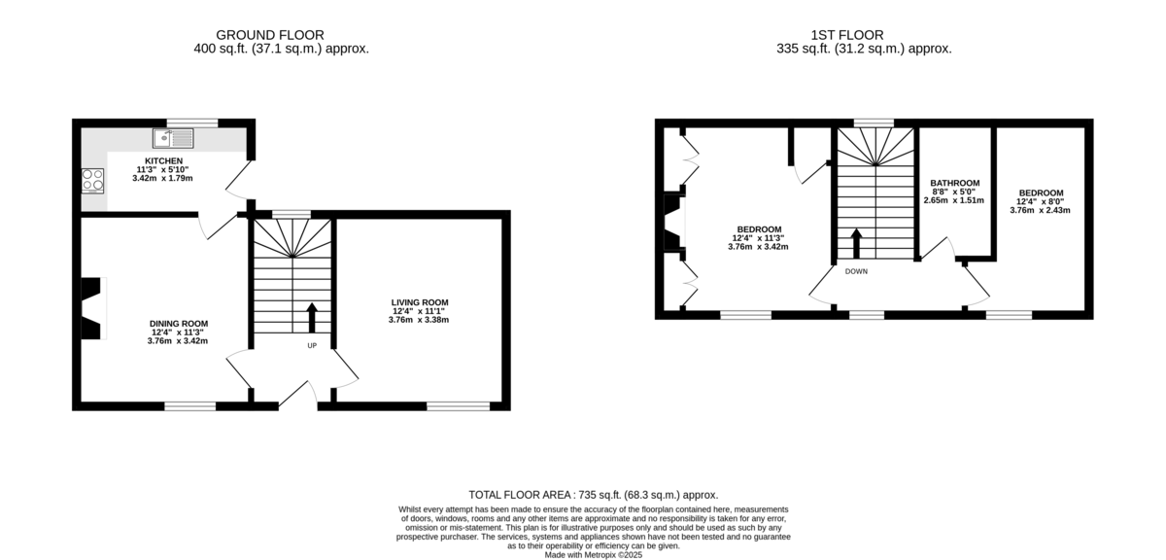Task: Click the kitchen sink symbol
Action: tap(173, 139)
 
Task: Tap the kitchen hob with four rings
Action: tap(92, 181)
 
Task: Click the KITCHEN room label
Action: tap(163, 161)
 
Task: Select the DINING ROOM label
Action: tap(179, 324)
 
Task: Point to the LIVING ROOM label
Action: tap(420, 302)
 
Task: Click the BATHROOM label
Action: tap(954, 183)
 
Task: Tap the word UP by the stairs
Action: tap(312, 345)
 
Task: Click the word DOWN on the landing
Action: tap(856, 271)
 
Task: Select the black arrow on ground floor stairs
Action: tap(312, 317)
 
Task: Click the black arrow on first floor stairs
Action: tap(856, 243)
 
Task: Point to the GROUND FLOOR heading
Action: tap(270, 35)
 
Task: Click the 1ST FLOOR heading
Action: tap(847, 35)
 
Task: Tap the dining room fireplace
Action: tap(93, 308)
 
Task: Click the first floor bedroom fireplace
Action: tap(674, 223)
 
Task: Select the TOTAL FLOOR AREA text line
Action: tap(594, 495)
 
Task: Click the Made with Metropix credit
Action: tap(594, 555)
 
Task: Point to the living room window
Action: tap(458, 406)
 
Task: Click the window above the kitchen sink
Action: tap(192, 122)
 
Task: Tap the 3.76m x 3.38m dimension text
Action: tap(419, 320)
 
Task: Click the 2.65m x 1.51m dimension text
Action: tap(954, 200)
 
